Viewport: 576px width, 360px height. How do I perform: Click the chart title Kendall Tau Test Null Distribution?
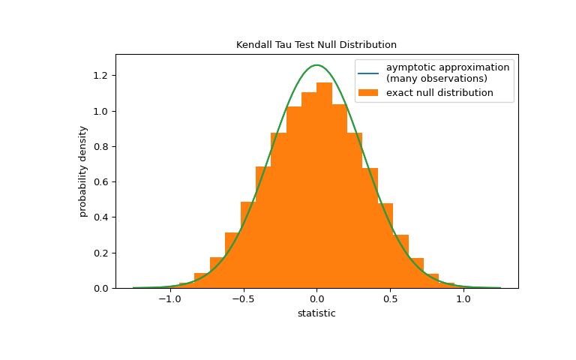(316, 45)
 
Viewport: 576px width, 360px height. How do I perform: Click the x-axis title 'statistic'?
(316, 313)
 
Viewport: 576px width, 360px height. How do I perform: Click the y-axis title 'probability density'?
(83, 171)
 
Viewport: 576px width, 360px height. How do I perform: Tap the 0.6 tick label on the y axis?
(101, 182)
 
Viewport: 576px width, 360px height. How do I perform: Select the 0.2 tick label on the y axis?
(101, 253)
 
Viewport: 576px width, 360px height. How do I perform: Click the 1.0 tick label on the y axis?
(101, 111)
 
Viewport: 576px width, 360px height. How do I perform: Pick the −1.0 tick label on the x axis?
(169, 298)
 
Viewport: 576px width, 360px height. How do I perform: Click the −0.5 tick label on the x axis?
(243, 298)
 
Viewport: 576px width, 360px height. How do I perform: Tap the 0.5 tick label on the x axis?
(390, 298)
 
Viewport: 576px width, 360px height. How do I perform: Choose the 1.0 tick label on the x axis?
(463, 298)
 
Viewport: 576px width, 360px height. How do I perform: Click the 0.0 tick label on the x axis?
(316, 298)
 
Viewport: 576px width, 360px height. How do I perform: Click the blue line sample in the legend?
(368, 73)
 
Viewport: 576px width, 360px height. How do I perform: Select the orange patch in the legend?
(368, 93)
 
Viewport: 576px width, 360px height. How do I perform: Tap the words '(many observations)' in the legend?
(436, 79)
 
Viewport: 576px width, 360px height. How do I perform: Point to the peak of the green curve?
(316, 65)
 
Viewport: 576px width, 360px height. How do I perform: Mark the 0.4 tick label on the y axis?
(101, 217)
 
